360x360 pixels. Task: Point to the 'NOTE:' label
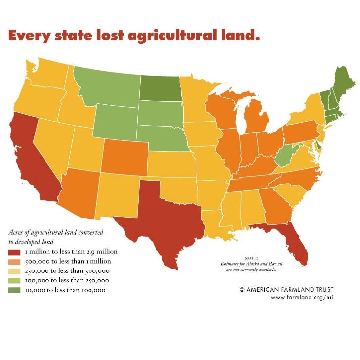click(x=251, y=258)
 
